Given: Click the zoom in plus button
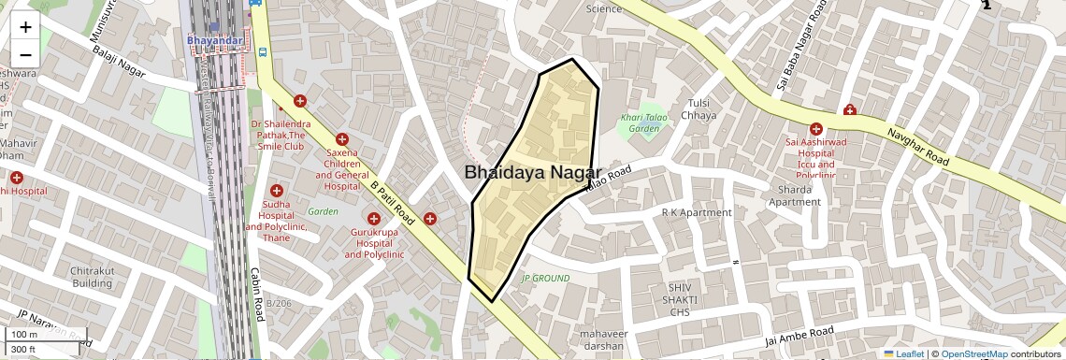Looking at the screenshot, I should [25, 27].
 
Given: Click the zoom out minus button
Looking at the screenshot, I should [25, 54].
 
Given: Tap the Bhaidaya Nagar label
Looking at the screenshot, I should [533, 172].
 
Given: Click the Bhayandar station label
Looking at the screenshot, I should [215, 40].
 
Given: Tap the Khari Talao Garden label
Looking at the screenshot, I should [645, 122].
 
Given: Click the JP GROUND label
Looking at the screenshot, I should [545, 279].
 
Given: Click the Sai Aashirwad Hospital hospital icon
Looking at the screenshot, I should [816, 129].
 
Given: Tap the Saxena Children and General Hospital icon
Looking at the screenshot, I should [342, 138].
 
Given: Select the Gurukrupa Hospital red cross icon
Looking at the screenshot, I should [373, 218].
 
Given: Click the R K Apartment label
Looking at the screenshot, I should [697, 212].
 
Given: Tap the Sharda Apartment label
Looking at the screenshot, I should [794, 195].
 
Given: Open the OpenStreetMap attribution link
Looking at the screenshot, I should [973, 354].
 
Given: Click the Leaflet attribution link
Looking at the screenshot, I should [903, 354].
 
